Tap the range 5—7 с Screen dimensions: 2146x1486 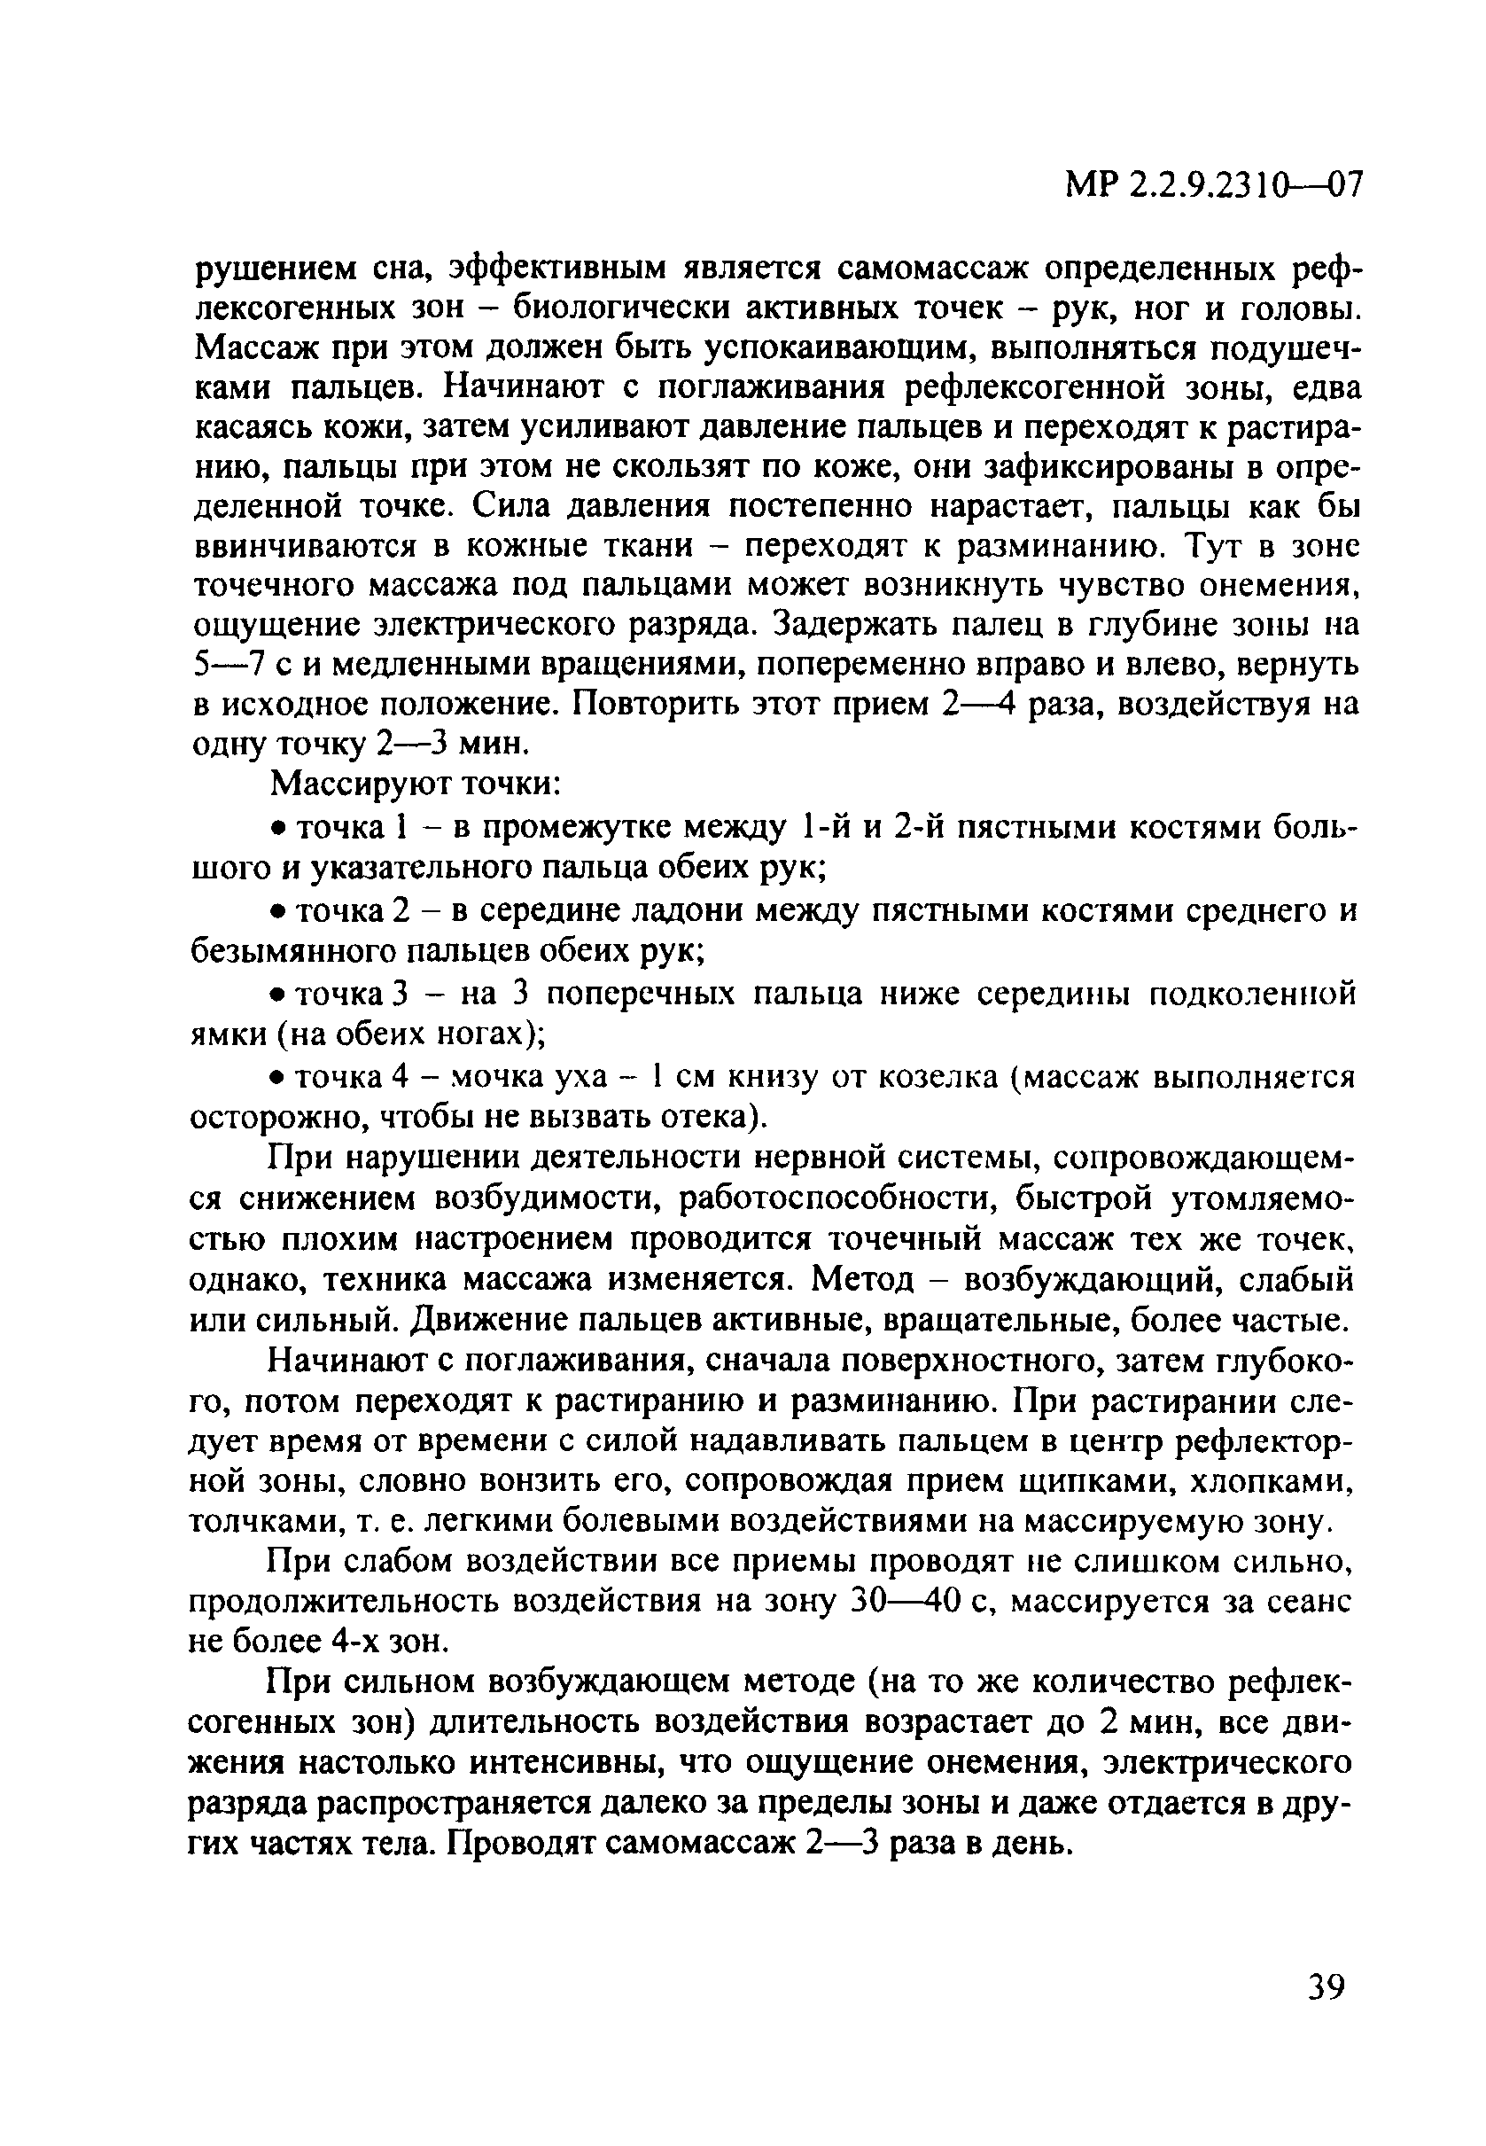(x=245, y=665)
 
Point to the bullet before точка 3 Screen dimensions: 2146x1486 (x=276, y=995)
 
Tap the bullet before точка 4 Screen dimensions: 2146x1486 (x=276, y=1078)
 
